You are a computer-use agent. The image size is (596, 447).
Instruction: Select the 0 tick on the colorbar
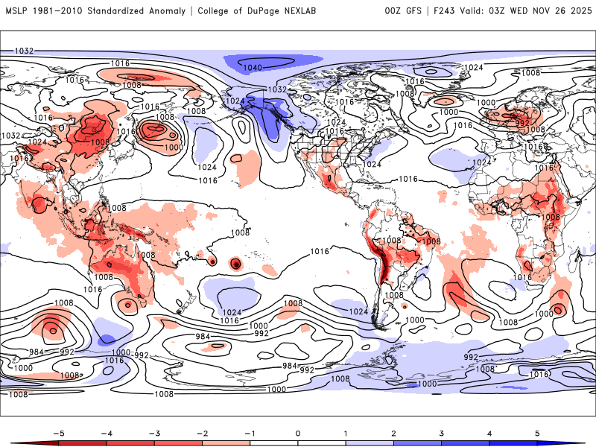tap(298, 432)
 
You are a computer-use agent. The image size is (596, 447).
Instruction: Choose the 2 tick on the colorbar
tap(394, 432)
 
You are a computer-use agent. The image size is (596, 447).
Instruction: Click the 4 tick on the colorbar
tap(490, 432)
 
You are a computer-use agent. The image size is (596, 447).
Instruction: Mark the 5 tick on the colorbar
tap(538, 432)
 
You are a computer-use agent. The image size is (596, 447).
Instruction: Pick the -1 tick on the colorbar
tap(250, 432)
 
